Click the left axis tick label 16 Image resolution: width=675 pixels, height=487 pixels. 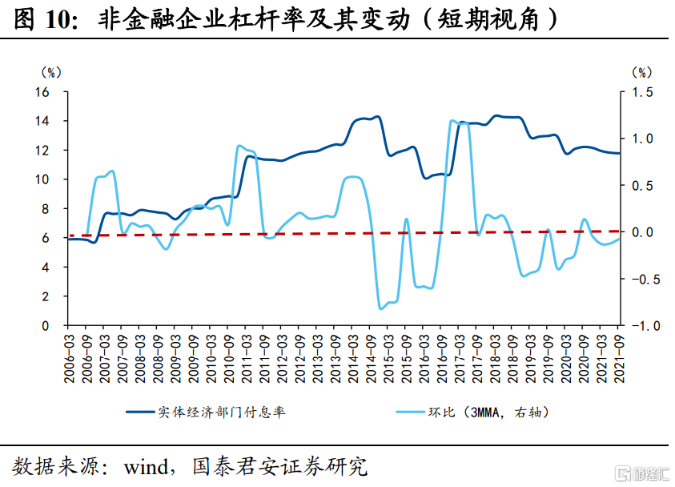tap(42, 92)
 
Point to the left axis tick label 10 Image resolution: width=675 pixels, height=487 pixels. tap(42, 179)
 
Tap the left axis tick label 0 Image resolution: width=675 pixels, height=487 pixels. tap(46, 325)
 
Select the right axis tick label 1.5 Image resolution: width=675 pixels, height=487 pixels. tap(643, 92)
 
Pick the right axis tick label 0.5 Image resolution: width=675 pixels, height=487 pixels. tap(643, 185)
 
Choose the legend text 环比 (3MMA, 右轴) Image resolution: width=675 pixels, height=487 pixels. tap(487, 412)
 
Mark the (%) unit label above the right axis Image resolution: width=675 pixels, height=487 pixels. tap(641, 72)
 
